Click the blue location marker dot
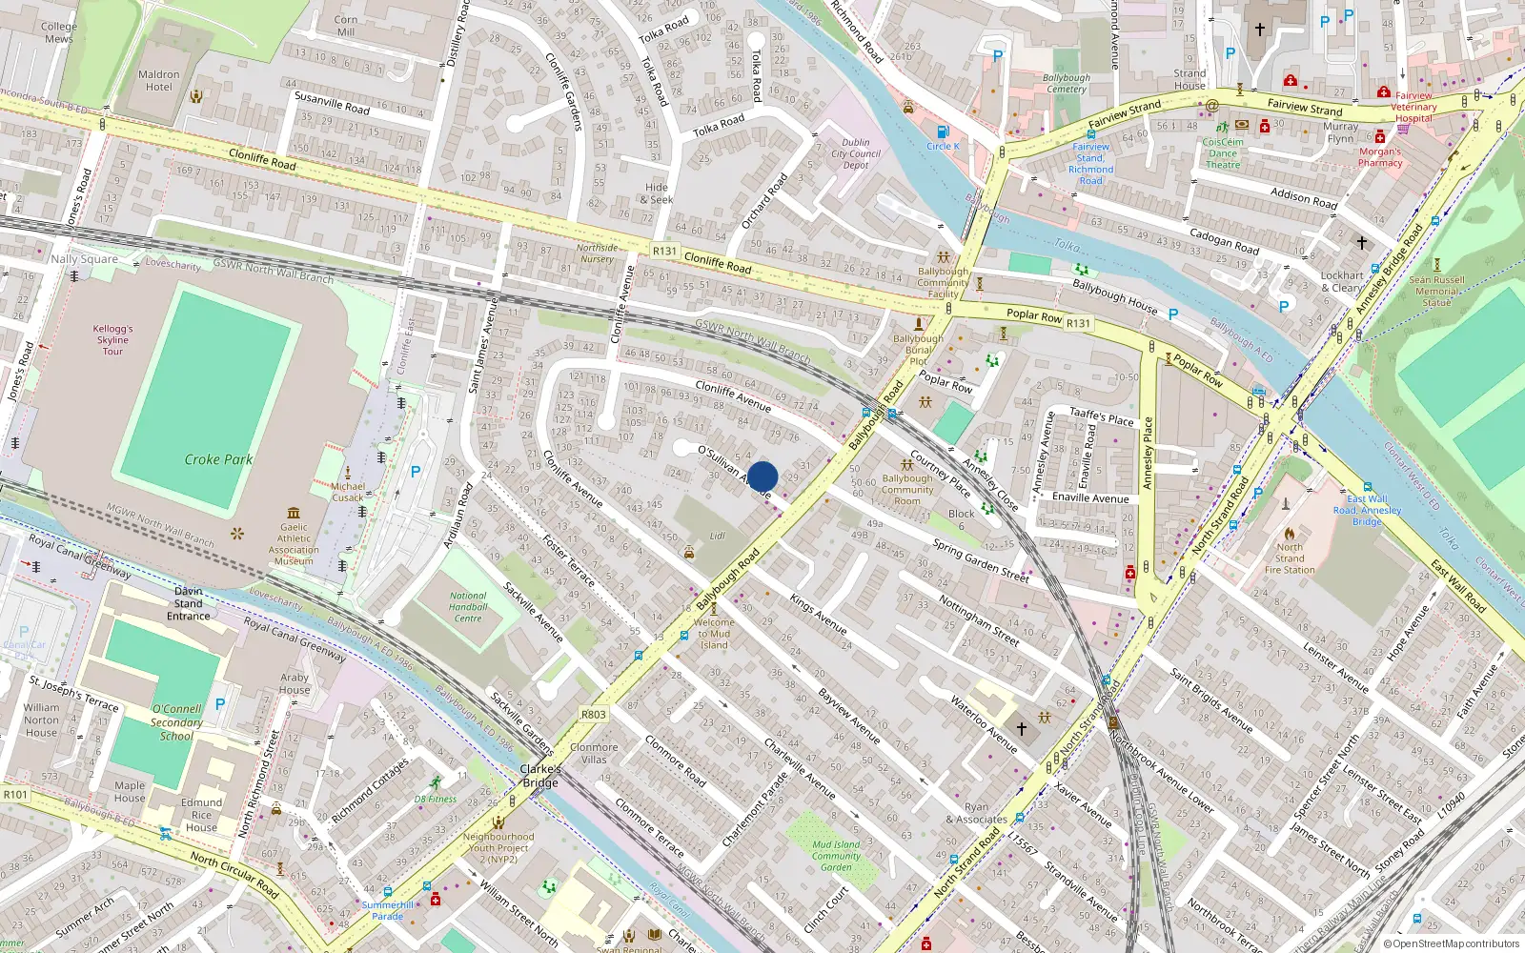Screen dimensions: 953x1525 click(x=762, y=476)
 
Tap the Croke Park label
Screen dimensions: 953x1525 click(x=218, y=459)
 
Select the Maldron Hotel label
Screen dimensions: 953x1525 click(x=159, y=81)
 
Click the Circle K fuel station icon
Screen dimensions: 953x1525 click(x=943, y=132)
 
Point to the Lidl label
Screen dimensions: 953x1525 click(x=717, y=536)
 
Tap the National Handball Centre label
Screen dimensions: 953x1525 click(x=468, y=607)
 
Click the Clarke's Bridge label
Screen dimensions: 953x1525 click(x=540, y=776)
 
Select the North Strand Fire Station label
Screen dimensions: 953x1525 click(x=1290, y=558)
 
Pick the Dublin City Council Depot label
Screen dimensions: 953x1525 click(x=856, y=153)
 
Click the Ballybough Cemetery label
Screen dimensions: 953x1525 click(x=1067, y=84)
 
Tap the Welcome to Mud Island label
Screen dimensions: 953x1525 click(x=714, y=634)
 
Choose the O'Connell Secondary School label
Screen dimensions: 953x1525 click(x=176, y=722)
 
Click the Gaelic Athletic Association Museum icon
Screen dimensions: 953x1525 click(x=294, y=513)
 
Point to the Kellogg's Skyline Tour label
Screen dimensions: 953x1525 click(x=112, y=340)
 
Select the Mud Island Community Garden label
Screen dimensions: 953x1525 click(x=836, y=856)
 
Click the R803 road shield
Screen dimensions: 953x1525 click(x=593, y=714)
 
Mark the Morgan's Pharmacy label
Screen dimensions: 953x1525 click(x=1380, y=157)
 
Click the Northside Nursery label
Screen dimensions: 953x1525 click(x=597, y=253)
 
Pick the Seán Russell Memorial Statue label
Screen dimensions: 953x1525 click(x=1436, y=291)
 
